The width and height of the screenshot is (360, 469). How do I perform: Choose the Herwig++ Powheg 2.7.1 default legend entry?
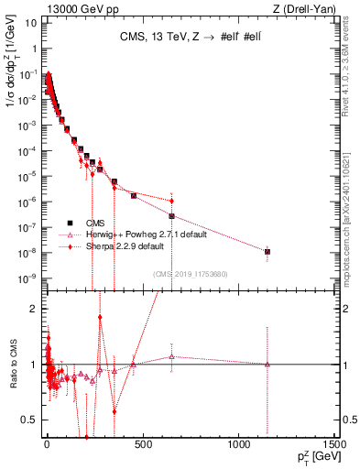tap(147, 234)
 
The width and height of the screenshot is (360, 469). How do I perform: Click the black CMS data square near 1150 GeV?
tap(267, 251)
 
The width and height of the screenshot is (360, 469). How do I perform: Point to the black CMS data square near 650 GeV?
tap(171, 216)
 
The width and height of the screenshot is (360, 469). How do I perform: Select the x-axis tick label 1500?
tap(334, 445)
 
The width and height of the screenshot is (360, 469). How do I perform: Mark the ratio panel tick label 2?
tap(33, 310)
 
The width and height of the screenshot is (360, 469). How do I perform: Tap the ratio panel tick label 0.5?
tap(30, 420)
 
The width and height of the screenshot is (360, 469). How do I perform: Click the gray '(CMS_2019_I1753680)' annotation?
tap(190, 273)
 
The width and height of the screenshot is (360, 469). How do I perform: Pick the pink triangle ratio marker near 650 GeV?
tap(171, 356)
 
